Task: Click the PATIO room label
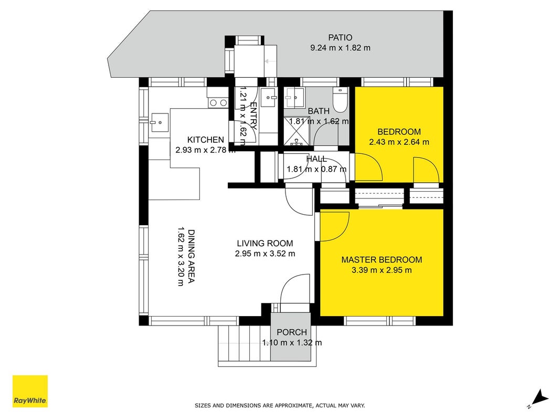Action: click(x=340, y=37)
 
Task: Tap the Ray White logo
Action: click(x=30, y=391)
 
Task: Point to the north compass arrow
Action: click(x=540, y=398)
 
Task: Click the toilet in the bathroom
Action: click(x=340, y=100)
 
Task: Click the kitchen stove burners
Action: click(x=218, y=103)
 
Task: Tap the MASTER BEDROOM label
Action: click(x=382, y=260)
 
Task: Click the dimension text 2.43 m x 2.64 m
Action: click(x=399, y=142)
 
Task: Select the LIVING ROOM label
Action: click(x=265, y=243)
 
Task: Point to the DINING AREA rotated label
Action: click(x=192, y=256)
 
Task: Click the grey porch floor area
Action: click(x=291, y=337)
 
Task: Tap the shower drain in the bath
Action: click(x=297, y=143)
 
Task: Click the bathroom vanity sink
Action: click(x=294, y=98)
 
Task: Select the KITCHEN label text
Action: click(x=206, y=140)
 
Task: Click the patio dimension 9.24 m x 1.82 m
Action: click(x=340, y=47)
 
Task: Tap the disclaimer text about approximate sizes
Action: click(x=280, y=405)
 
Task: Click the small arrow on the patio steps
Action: click(x=270, y=61)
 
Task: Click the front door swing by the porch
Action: click(x=295, y=289)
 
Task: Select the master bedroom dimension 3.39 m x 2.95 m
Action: click(x=382, y=270)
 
